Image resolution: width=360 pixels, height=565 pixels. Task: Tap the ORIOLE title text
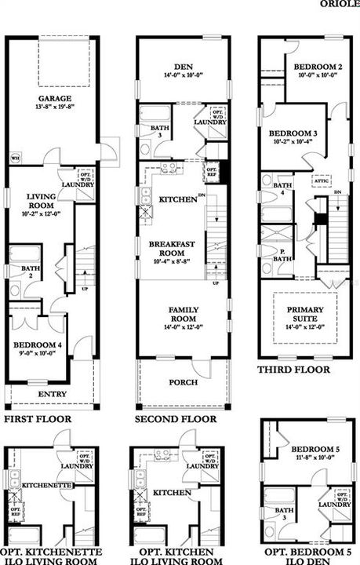340,4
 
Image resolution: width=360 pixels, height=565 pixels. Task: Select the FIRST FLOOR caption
37,420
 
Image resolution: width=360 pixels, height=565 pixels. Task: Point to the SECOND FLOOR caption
175,420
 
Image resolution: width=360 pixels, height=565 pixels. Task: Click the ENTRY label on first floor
53,394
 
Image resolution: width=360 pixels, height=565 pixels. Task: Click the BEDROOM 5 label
312,450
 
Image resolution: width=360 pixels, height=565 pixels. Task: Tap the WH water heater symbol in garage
15,159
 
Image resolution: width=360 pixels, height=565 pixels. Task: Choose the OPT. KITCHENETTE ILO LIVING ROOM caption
53,557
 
